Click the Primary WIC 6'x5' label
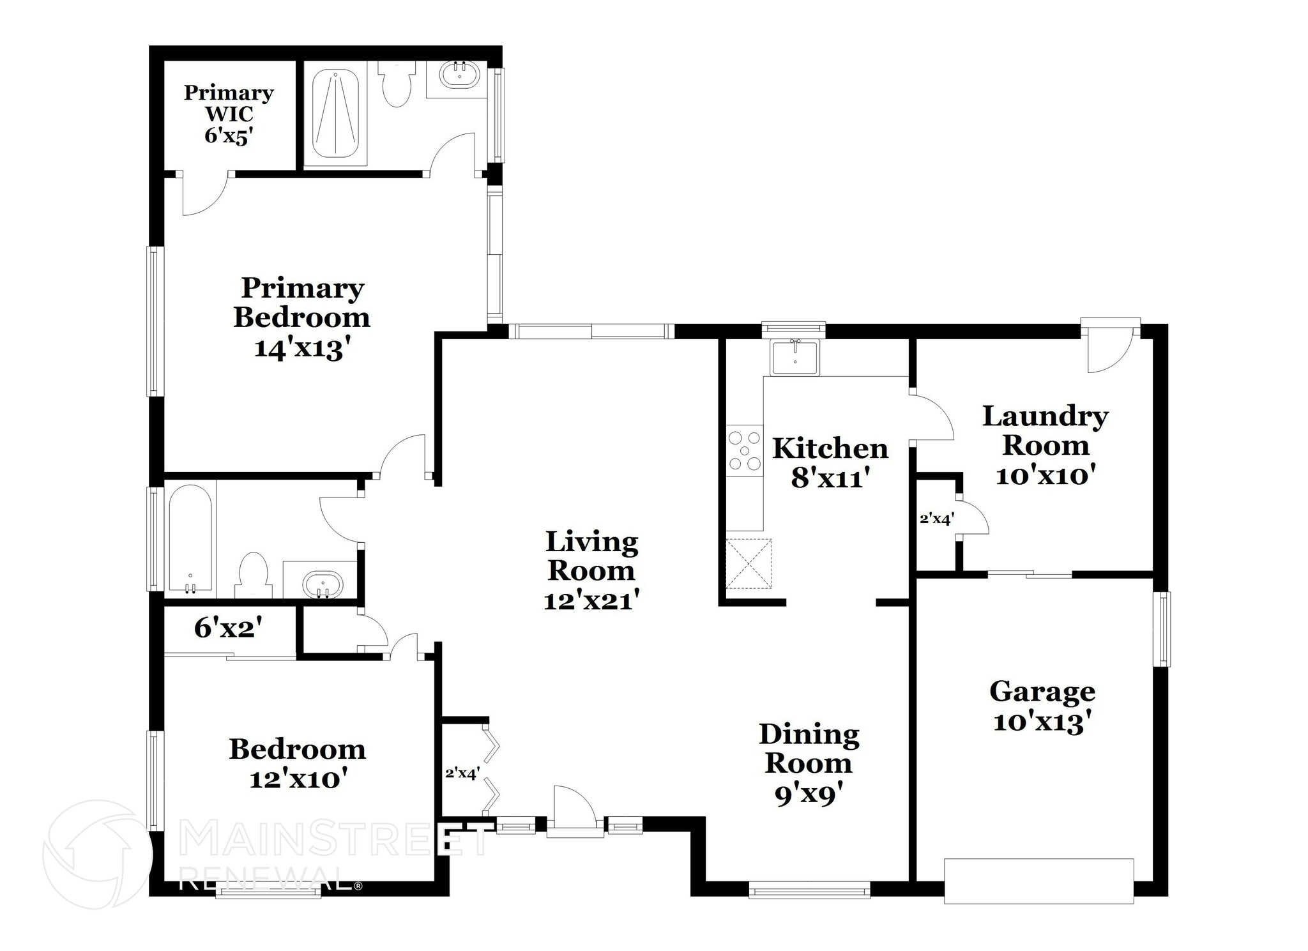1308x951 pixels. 229,114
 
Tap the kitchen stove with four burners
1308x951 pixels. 745,451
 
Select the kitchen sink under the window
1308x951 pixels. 795,358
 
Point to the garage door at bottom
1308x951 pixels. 1038,881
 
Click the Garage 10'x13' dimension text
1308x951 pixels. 1042,722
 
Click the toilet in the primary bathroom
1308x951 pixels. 396,86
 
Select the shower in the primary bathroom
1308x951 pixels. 335,113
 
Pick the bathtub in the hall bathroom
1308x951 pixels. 190,538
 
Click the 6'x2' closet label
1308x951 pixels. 228,628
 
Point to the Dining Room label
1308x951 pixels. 809,749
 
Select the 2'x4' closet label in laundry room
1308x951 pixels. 936,519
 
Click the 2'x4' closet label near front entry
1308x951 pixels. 462,773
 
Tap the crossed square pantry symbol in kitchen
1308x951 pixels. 749,563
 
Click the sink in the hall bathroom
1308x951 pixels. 322,584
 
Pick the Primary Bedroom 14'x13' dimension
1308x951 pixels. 303,349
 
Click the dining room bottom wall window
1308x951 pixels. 809,890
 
